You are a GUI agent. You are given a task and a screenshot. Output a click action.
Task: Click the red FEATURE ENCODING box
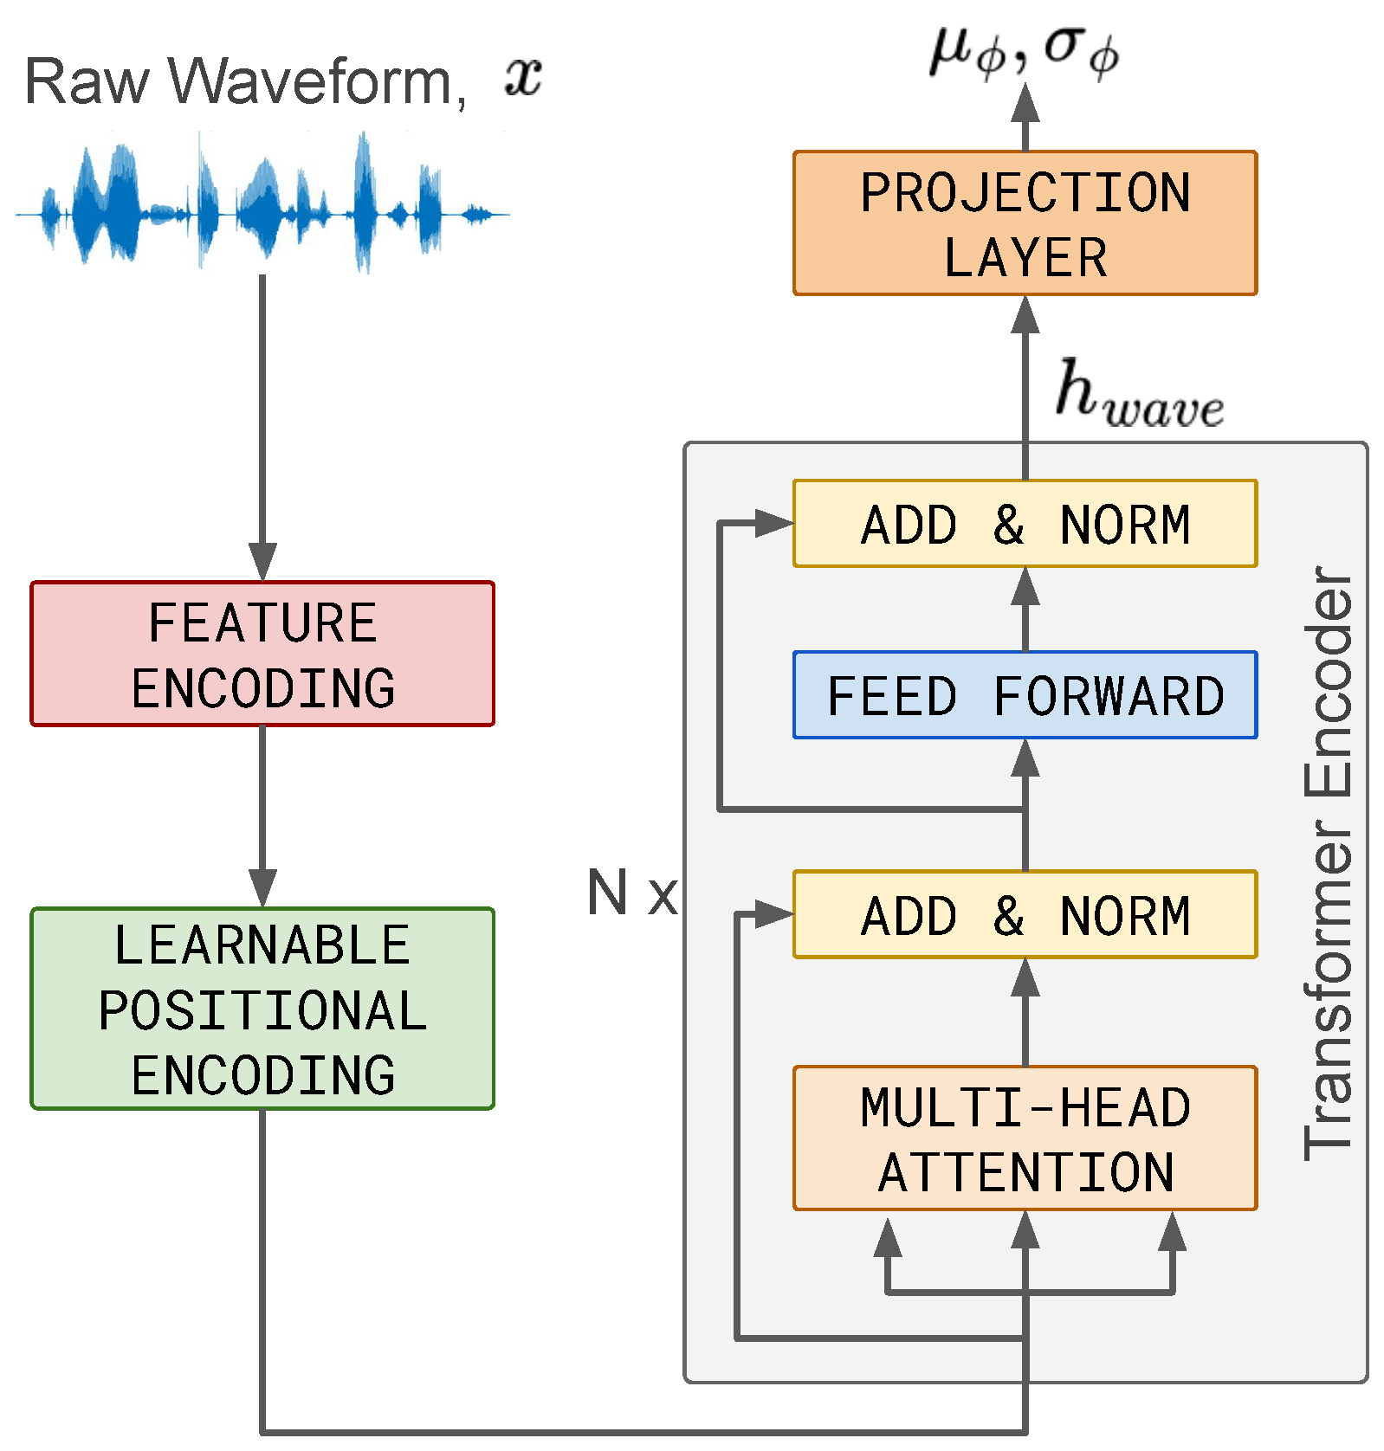pos(262,654)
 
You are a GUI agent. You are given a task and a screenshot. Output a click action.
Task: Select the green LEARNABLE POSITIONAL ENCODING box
pos(262,1009)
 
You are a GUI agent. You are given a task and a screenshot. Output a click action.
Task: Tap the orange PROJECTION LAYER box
pos(1025,223)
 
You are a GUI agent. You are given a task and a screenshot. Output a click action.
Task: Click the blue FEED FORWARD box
pos(1025,695)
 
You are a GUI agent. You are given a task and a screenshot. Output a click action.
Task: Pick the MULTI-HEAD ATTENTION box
pos(1025,1138)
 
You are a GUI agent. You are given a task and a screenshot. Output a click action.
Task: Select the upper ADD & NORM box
pos(1025,524)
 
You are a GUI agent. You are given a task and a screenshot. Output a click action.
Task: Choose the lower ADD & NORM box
pos(1025,915)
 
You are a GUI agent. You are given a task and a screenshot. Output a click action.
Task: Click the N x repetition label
pos(631,893)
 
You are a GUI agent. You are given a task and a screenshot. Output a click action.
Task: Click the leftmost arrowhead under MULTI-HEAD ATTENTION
pos(888,1238)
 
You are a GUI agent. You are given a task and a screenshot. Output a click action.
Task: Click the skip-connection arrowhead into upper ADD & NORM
pos(773,523)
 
